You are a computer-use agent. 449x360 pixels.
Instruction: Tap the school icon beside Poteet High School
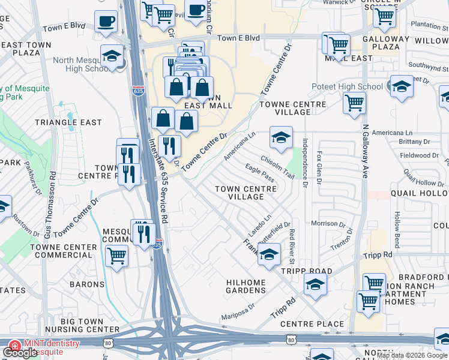[x=402, y=87]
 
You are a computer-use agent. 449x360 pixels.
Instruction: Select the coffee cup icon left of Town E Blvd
[x=106, y=22]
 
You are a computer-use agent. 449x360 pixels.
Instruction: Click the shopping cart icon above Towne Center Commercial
[x=116, y=256]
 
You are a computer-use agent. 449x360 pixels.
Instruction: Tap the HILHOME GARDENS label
[x=246, y=286]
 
